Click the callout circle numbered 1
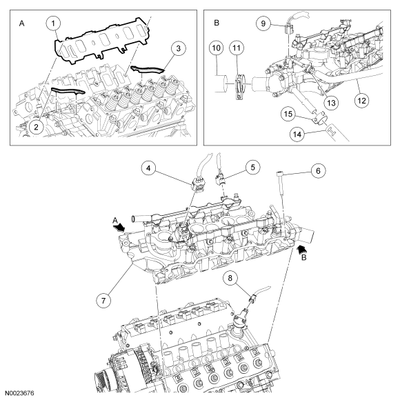pos(53,23)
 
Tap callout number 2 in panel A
pos(36,127)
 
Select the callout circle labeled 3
pos(178,48)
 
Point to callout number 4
pos(148,168)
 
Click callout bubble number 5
pos(252,168)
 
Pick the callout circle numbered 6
pos(318,170)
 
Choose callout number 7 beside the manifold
pos(103,300)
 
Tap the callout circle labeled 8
pos(230,278)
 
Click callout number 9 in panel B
pos(263,23)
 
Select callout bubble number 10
pos(216,48)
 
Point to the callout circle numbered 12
pos(362,101)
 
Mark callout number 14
pos(297,134)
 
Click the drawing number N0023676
pos(19,393)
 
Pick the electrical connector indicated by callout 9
pos(288,28)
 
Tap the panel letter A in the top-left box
pos(22,23)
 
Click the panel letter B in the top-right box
pos(217,23)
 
